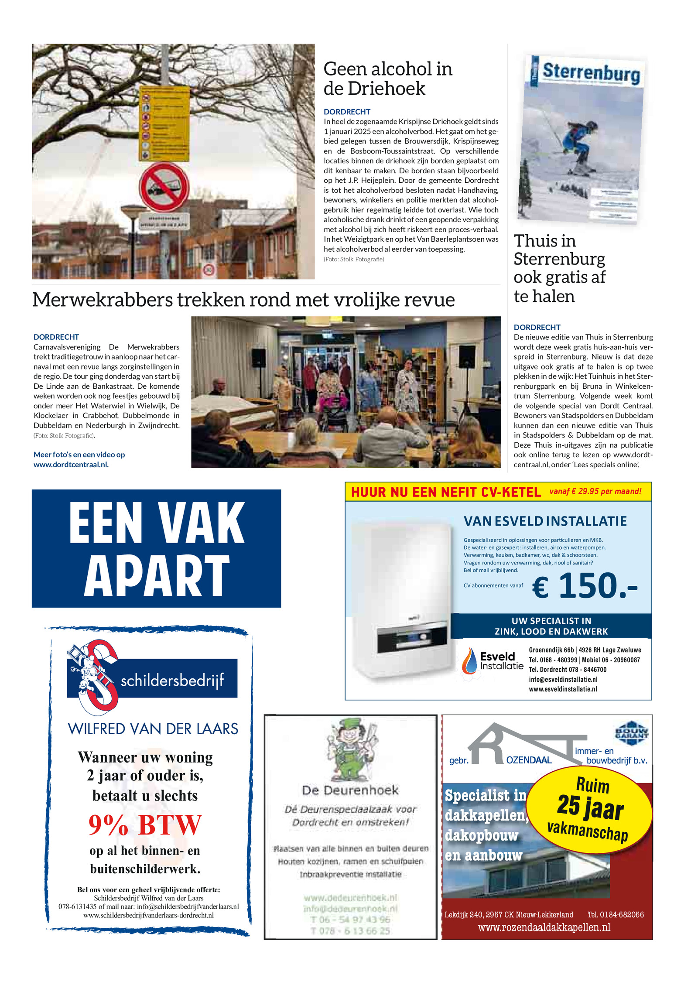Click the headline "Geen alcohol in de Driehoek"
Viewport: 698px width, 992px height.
(x=387, y=79)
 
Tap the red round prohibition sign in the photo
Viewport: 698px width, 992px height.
(x=164, y=187)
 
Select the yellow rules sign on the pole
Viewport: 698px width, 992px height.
(x=164, y=123)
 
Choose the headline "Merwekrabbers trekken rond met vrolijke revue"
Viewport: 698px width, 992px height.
(x=243, y=300)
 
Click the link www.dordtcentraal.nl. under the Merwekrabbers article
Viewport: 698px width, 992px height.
(x=71, y=465)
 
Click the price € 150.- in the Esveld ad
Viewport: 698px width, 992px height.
(x=585, y=586)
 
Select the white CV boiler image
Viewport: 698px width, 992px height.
(x=401, y=598)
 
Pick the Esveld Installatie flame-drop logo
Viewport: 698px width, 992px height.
(x=470, y=661)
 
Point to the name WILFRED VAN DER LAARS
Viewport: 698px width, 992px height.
(x=153, y=729)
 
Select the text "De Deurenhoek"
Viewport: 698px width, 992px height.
(x=350, y=790)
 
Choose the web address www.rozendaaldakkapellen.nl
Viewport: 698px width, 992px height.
(x=544, y=927)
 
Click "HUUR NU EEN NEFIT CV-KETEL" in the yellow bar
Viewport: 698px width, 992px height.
(x=445, y=492)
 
